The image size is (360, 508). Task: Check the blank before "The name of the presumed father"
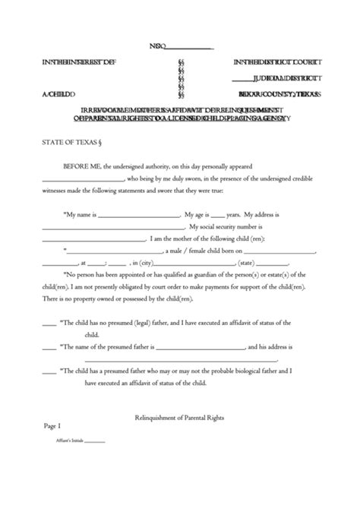click(48, 346)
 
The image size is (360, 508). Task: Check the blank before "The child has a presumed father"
click(48, 372)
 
